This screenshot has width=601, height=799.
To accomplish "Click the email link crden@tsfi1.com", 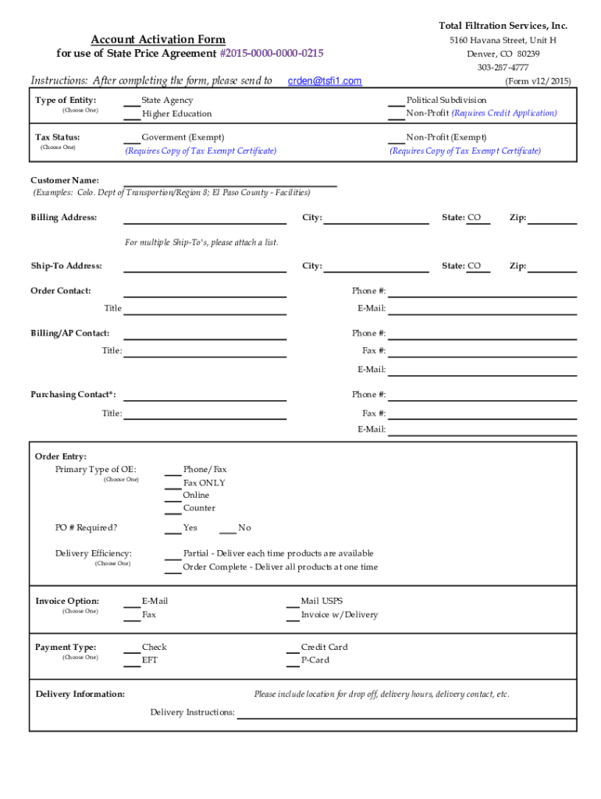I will [325, 81].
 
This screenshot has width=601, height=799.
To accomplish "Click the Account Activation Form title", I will [158, 40].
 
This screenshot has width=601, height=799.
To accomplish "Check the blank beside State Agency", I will [132, 101].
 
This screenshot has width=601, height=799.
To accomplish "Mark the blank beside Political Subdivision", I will [397, 101].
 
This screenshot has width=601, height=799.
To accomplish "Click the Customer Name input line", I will [230, 182].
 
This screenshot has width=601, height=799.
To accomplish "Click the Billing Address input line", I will [204, 218].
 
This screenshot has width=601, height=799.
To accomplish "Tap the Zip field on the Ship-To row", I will [552, 267].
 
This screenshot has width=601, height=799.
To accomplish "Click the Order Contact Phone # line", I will [482, 292].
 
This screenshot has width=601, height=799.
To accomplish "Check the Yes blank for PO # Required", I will [172, 528].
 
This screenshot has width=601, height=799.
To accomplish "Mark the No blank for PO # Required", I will [227, 528].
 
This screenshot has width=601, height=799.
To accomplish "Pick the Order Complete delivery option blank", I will [172, 567].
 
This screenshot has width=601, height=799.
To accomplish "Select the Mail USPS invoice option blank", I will [291, 602].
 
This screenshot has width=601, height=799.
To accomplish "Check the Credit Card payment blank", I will [291, 648].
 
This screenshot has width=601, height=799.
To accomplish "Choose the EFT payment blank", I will [132, 661].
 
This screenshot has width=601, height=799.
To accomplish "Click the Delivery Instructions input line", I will [406, 713].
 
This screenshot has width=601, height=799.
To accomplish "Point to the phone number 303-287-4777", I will [503, 68].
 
